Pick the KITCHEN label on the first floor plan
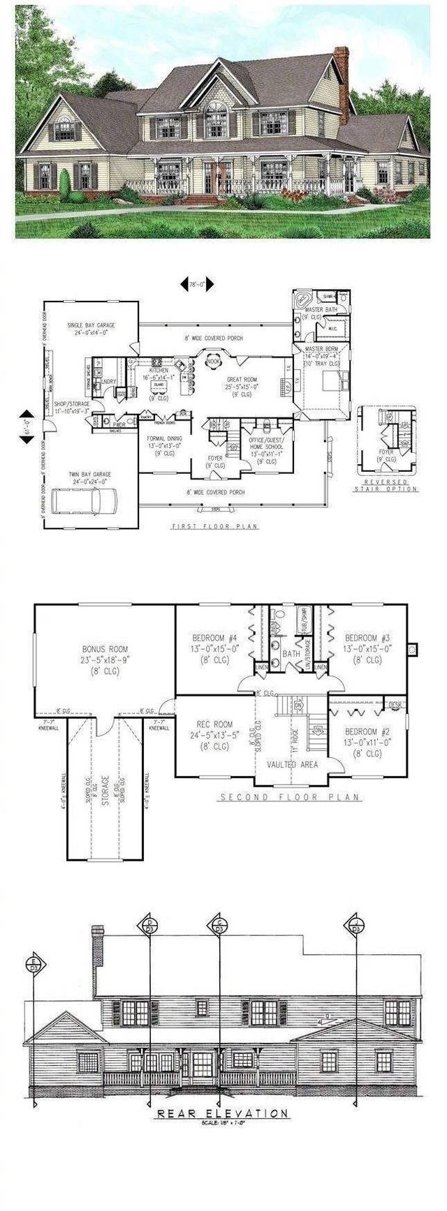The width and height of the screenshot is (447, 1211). pos(160,372)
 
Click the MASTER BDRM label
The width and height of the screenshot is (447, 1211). pos(321,357)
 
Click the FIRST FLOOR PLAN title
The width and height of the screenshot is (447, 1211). pos(214,527)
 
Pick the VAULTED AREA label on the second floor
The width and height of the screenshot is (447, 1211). pos(292,764)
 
